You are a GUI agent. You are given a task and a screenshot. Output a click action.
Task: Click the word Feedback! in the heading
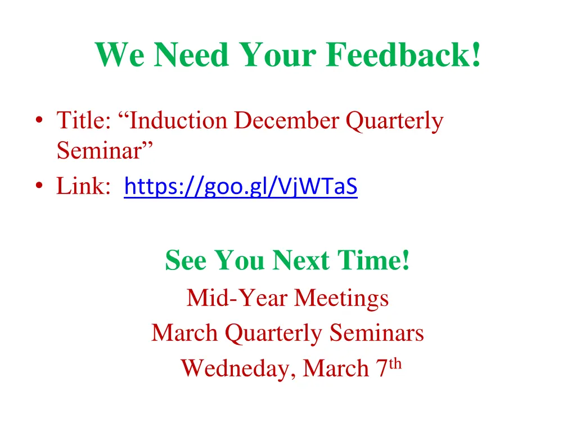point(403,55)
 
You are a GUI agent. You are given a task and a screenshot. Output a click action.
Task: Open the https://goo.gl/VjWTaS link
point(241,186)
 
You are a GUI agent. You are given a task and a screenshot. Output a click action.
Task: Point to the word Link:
point(83,186)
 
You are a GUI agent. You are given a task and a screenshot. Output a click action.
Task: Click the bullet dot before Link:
point(38,186)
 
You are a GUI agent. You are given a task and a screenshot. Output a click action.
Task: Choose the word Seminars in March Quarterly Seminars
point(377,333)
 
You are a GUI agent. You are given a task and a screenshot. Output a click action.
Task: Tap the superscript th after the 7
point(396,364)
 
